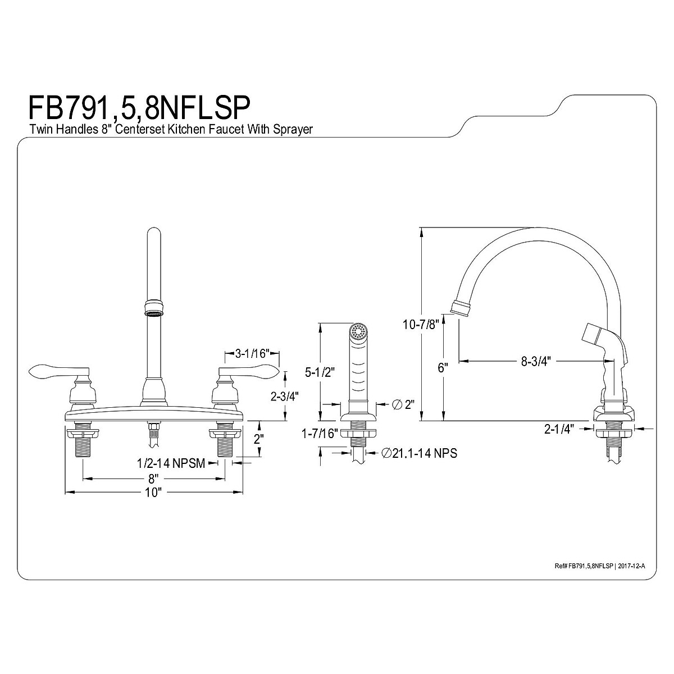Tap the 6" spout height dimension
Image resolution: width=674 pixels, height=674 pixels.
point(443,368)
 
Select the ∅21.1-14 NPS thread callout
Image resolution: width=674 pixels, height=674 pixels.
point(418,453)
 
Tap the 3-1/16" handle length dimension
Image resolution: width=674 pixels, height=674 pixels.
point(252,354)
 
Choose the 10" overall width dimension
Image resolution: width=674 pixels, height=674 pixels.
point(152,493)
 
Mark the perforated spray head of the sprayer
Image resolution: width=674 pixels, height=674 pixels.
point(357,331)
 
